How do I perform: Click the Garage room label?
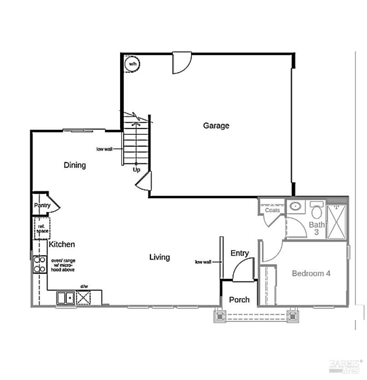(216, 126)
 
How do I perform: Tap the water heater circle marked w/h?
(132, 64)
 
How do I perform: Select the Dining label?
(75, 165)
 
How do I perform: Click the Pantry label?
(42, 206)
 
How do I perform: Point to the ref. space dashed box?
(42, 228)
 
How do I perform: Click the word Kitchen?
(62, 245)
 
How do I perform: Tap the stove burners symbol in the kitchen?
(40, 265)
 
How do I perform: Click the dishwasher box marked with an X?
(84, 298)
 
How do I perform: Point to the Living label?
(160, 257)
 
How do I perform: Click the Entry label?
(240, 253)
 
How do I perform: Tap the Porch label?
(239, 300)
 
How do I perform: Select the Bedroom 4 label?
(311, 273)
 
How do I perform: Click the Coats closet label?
(272, 211)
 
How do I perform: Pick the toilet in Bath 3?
(316, 212)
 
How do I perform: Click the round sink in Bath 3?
(296, 207)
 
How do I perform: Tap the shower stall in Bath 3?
(337, 222)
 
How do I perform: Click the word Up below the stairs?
(136, 170)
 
